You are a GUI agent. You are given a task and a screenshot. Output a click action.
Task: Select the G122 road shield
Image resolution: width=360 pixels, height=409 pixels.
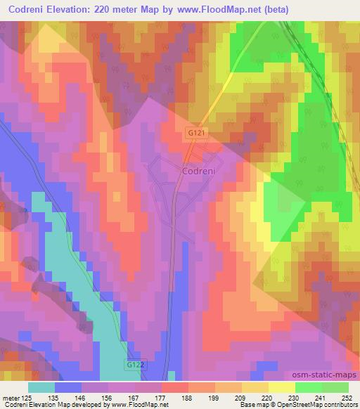(137, 366)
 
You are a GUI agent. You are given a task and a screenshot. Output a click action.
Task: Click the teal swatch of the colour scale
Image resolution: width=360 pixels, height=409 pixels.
(41, 387)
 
